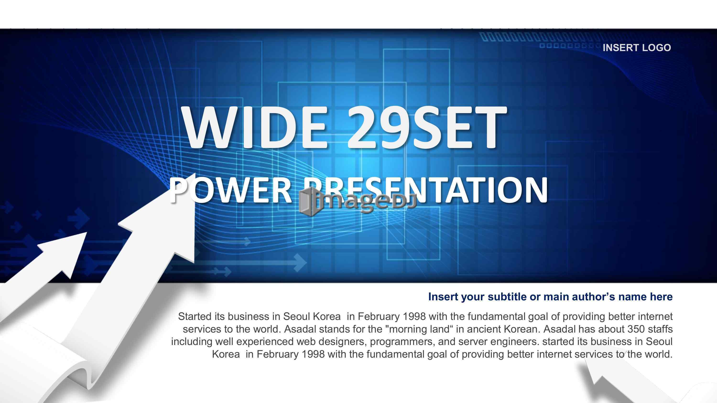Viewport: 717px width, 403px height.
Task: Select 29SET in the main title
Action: click(x=426, y=128)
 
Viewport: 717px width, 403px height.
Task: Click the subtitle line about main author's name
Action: click(x=550, y=297)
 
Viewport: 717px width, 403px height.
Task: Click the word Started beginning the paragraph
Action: click(x=195, y=317)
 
